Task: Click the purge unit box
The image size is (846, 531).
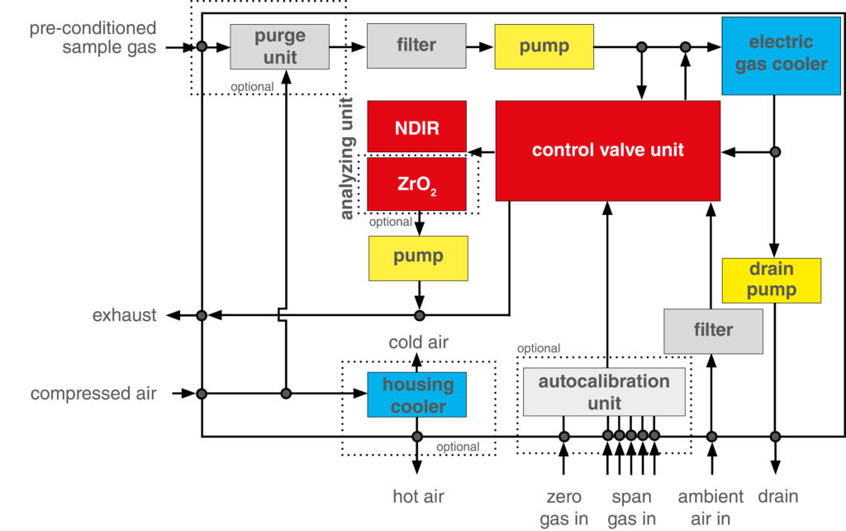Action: tap(279, 46)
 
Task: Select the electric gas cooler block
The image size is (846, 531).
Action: tap(781, 54)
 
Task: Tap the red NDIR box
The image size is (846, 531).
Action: tap(417, 128)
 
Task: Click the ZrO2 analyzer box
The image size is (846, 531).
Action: tap(417, 184)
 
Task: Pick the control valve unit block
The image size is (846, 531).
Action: tap(607, 151)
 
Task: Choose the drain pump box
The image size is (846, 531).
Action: tap(772, 280)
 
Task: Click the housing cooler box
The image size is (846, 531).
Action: tap(417, 395)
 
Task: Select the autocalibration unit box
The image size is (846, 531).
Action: tap(604, 392)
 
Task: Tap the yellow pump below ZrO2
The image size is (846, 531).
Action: tap(418, 257)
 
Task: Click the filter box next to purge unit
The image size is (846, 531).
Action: tap(416, 45)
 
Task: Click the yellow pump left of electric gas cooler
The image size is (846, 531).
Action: tap(544, 45)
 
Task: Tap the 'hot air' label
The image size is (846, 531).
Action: tap(418, 496)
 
